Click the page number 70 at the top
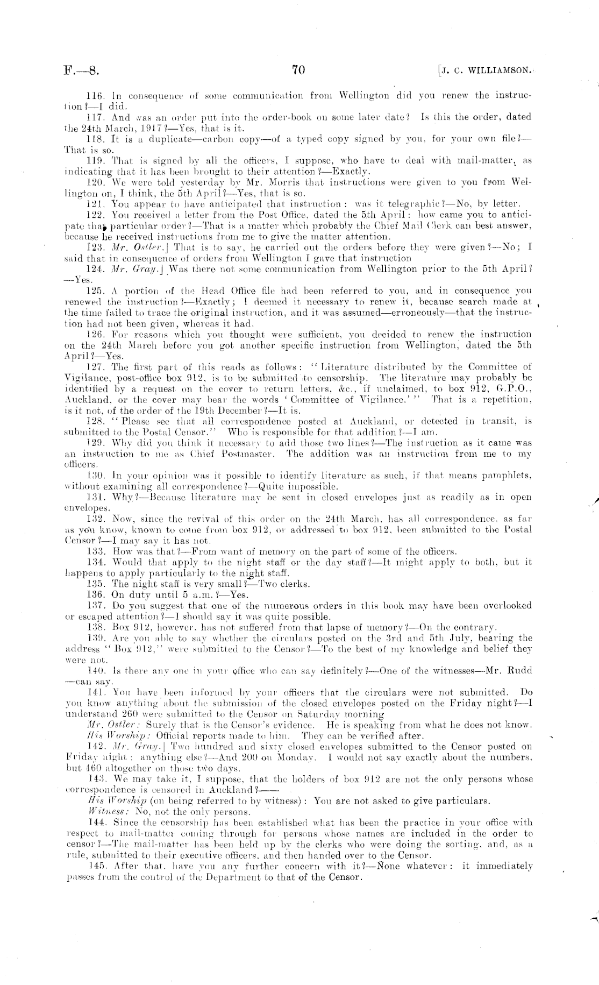(x=299, y=69)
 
